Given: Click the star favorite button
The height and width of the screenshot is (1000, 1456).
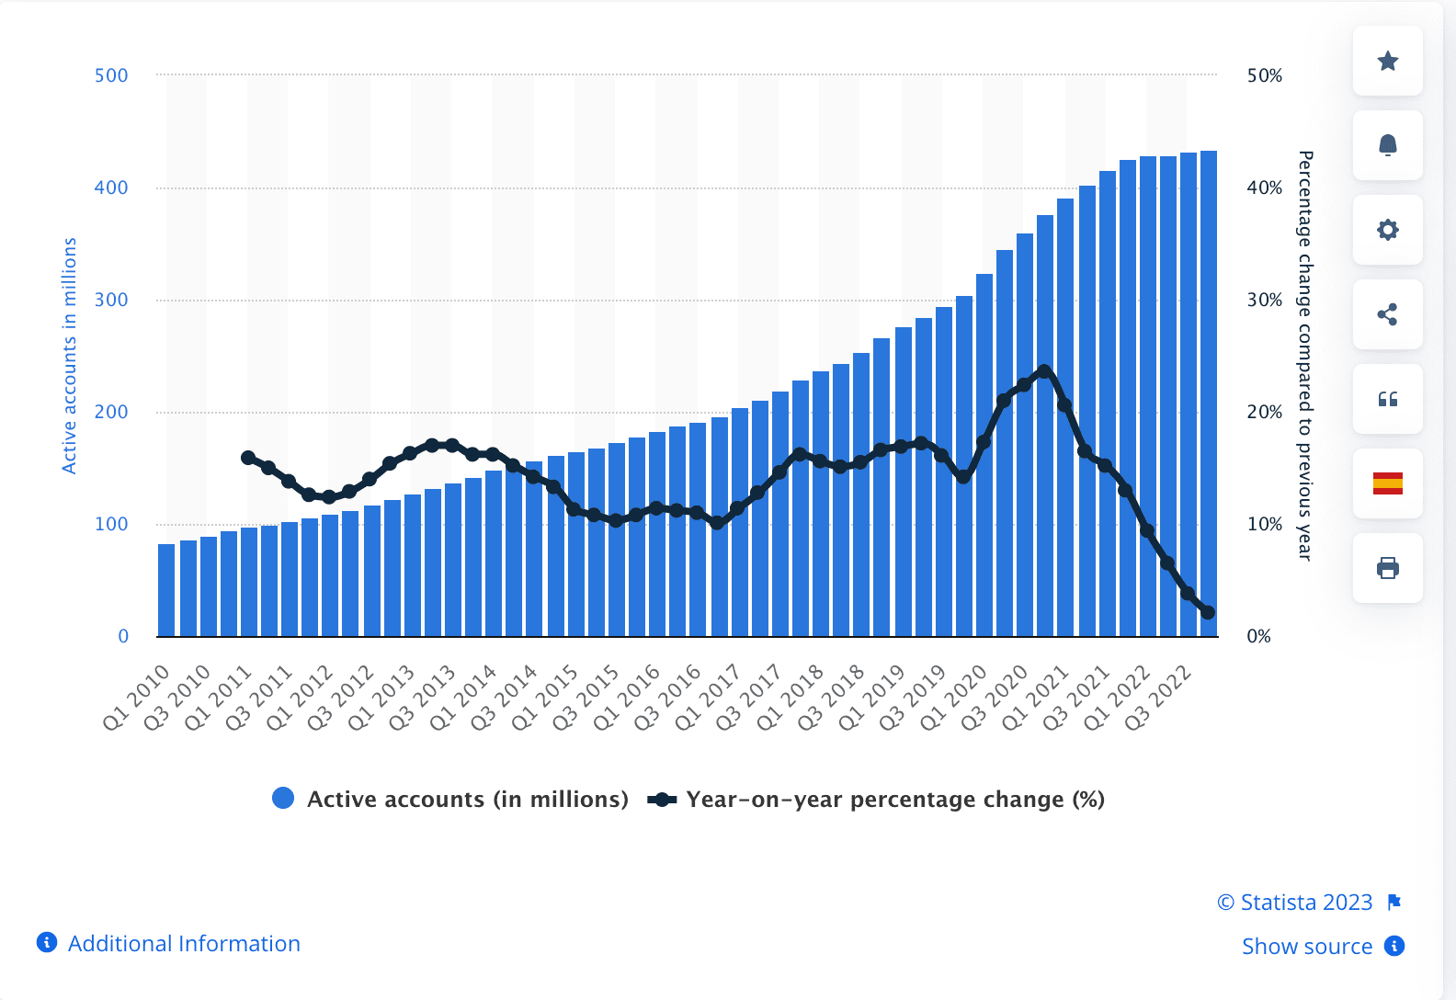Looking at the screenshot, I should click(x=1387, y=61).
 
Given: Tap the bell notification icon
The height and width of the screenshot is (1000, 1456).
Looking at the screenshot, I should click(x=1387, y=145).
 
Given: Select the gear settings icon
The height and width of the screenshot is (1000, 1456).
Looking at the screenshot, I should click(x=1387, y=230).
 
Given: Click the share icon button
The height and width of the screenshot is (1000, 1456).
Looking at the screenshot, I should click(x=1387, y=314).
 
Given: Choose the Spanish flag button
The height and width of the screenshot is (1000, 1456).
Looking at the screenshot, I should click(x=1387, y=483).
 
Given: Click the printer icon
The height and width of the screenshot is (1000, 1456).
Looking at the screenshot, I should click(x=1387, y=568).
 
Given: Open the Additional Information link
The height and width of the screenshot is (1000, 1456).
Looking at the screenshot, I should click(x=183, y=944).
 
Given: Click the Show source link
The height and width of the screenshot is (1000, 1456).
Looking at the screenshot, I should click(x=1306, y=947).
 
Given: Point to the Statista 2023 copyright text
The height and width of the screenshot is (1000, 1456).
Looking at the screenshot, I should click(x=1295, y=903).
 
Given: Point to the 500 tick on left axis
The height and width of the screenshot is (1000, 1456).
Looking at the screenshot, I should click(x=111, y=75).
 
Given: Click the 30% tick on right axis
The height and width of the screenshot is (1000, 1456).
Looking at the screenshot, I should click(x=1264, y=300).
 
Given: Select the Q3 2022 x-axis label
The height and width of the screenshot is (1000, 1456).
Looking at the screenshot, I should click(x=1158, y=697).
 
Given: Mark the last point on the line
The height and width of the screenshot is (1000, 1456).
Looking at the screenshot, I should click(x=1208, y=612).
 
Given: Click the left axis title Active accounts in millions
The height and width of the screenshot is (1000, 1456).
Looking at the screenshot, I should click(x=69, y=356).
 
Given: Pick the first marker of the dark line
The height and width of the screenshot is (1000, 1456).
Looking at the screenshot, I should click(x=248, y=458).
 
